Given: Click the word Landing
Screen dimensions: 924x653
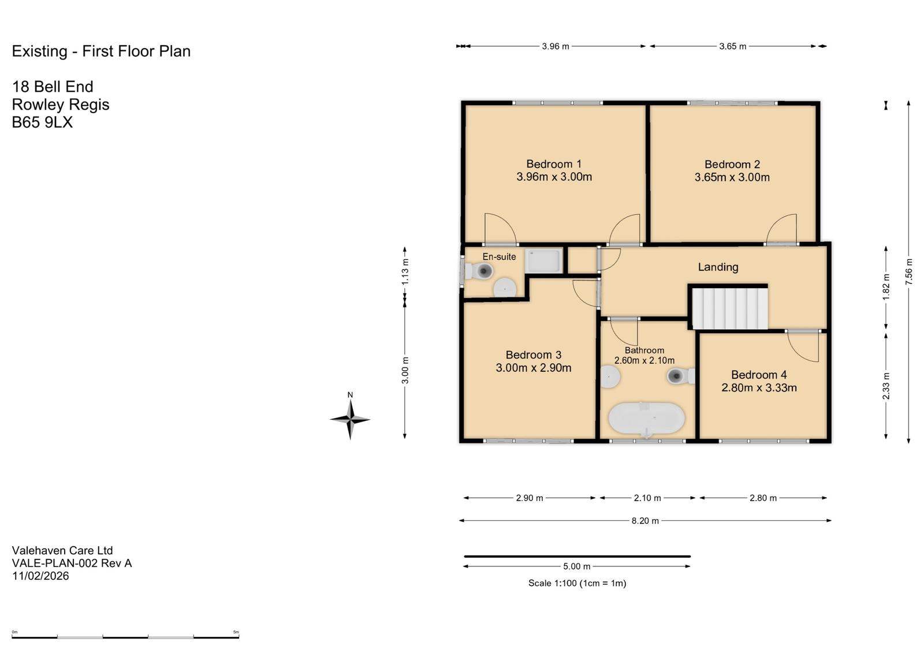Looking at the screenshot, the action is (718, 267).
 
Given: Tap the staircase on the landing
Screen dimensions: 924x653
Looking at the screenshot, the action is (730, 308).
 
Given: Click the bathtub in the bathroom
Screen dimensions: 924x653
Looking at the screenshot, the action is (647, 418).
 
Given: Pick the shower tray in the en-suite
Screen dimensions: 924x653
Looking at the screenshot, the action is (543, 260).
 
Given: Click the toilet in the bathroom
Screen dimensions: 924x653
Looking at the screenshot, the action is (681, 376).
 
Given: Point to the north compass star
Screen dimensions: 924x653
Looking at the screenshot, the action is (350, 420).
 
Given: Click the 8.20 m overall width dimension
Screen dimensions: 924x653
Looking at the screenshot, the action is (645, 521).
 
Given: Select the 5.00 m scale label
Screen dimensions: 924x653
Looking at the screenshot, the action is (577, 566).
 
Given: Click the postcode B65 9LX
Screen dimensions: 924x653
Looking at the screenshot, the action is (42, 122).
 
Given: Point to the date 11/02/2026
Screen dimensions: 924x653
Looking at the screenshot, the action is (40, 576).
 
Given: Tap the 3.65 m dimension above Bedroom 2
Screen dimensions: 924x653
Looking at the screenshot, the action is (733, 46).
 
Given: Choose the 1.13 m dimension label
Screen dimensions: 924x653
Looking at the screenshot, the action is (405, 271).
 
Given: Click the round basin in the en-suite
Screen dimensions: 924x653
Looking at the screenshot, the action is (505, 288).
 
